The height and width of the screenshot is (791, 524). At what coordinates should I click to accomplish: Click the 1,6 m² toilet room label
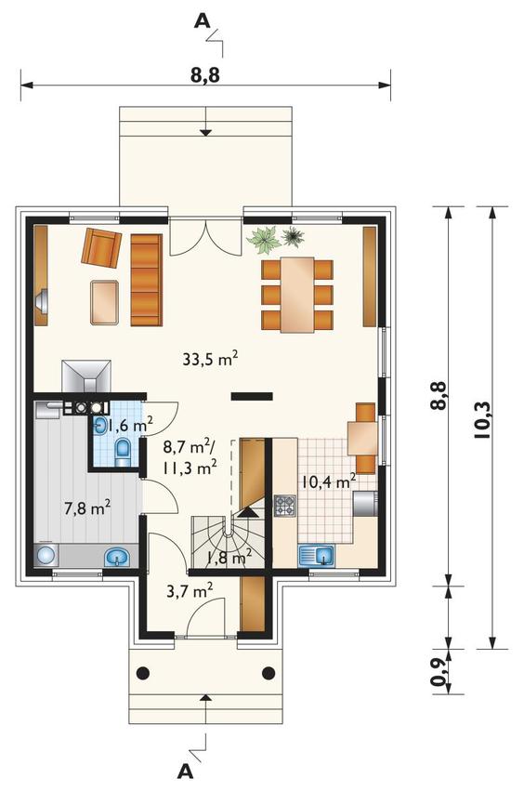[x=128, y=426]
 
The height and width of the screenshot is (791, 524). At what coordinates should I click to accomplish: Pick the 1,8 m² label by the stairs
[x=229, y=558]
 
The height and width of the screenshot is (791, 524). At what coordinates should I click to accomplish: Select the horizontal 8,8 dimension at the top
[x=206, y=75]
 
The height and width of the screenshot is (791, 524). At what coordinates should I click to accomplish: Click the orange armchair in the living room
[x=102, y=247]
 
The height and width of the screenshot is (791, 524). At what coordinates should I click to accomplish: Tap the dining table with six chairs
[x=297, y=294]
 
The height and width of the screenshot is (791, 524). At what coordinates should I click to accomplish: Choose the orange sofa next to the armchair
[x=146, y=280]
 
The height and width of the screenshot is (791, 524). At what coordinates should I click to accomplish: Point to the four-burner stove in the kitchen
[x=284, y=507]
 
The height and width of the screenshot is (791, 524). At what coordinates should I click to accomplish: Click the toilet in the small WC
[x=123, y=452]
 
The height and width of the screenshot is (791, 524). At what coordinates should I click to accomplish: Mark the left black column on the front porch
[x=142, y=673]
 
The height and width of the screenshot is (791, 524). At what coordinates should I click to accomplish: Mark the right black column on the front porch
[x=269, y=673]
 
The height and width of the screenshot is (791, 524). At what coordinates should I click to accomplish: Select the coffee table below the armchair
[x=104, y=301]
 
